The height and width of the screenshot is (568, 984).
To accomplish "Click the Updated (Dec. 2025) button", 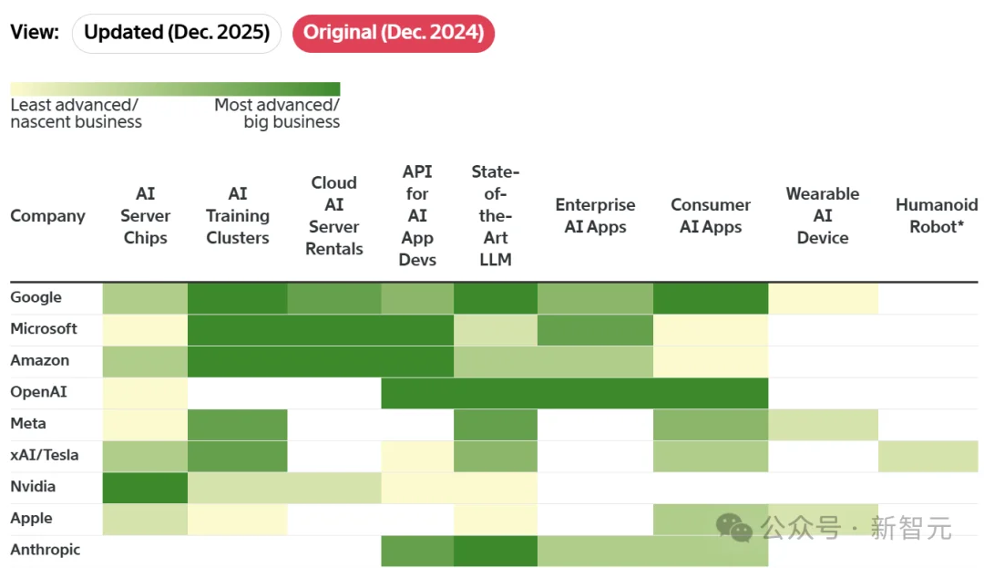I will pos(177,33).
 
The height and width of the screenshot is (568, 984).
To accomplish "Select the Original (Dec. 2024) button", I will pos(393,33).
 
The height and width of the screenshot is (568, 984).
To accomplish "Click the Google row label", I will pos(36,297).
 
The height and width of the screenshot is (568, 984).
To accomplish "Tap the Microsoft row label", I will pos(44,328).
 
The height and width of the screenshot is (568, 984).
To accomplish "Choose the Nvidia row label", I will pos(33,486).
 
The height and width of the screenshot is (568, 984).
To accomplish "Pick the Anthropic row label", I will pos(46,550).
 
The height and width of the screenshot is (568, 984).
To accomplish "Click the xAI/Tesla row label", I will pos(45,455).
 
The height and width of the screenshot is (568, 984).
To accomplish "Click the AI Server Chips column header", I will pos(146,216).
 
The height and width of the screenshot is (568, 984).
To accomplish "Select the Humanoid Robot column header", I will pos(936,216).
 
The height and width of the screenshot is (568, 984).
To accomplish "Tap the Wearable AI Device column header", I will pos(823,216).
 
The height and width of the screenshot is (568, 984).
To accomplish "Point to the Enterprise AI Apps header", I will pos(595,216).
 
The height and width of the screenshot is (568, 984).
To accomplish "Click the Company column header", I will pos(47,216).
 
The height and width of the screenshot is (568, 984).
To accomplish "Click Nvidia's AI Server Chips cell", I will pos(145,487).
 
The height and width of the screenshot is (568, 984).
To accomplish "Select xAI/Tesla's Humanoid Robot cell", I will pos(928,456).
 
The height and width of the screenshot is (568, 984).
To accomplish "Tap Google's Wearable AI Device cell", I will pos(823,298).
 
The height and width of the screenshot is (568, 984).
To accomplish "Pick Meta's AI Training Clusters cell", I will pos(237,424).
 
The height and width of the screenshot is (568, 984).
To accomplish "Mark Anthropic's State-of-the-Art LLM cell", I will pos(496,551).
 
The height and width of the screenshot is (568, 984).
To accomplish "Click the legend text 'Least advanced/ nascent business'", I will pos(76,114).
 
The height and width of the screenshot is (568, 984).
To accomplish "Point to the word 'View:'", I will pos(35,33).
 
